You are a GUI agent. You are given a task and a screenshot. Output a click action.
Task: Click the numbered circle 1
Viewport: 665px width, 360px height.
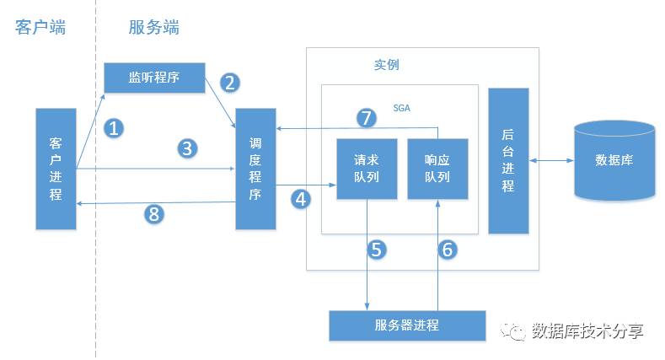pyautogui.click(x=114, y=128)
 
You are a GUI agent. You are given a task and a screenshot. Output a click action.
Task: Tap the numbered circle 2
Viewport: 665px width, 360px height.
pyautogui.click(x=230, y=82)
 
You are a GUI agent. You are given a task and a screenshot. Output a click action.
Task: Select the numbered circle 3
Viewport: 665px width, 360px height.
pyautogui.click(x=187, y=148)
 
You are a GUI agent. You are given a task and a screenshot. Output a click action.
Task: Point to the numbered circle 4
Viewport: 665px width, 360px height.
pyautogui.click(x=301, y=199)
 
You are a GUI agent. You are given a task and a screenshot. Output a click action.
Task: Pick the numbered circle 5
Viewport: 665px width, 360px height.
pyautogui.click(x=377, y=249)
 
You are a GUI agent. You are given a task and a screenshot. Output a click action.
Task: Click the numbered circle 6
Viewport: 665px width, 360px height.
pyautogui.click(x=448, y=249)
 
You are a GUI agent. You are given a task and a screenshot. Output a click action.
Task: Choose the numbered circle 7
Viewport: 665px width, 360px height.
pyautogui.click(x=366, y=117)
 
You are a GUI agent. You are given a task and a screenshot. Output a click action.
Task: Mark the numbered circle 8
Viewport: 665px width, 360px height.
pyautogui.click(x=153, y=213)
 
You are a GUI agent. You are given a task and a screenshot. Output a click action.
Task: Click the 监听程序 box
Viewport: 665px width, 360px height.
pyautogui.click(x=154, y=78)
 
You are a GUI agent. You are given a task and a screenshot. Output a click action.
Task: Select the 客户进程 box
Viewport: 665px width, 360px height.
pyautogui.click(x=56, y=169)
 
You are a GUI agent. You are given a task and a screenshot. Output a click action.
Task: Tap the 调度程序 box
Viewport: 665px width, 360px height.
pyautogui.click(x=256, y=169)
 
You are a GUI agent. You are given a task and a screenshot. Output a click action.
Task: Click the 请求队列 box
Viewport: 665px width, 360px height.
pyautogui.click(x=367, y=169)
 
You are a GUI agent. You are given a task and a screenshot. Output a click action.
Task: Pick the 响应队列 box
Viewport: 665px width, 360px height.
pyautogui.click(x=437, y=169)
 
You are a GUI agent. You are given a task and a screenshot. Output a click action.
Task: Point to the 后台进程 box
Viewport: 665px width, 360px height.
pyautogui.click(x=508, y=160)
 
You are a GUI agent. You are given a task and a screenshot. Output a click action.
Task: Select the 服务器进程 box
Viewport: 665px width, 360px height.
pyautogui.click(x=407, y=325)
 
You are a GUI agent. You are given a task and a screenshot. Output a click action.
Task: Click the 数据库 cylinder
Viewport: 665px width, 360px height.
pyautogui.click(x=614, y=160)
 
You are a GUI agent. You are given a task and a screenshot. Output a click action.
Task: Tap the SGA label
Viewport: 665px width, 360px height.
pyautogui.click(x=402, y=108)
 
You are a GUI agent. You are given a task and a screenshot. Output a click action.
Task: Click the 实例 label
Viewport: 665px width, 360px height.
pyautogui.click(x=387, y=65)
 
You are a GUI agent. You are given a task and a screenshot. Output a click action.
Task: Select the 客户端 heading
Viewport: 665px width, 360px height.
pyautogui.click(x=40, y=27)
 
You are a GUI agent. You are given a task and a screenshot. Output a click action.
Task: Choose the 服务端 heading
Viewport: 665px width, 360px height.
pyautogui.click(x=154, y=27)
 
